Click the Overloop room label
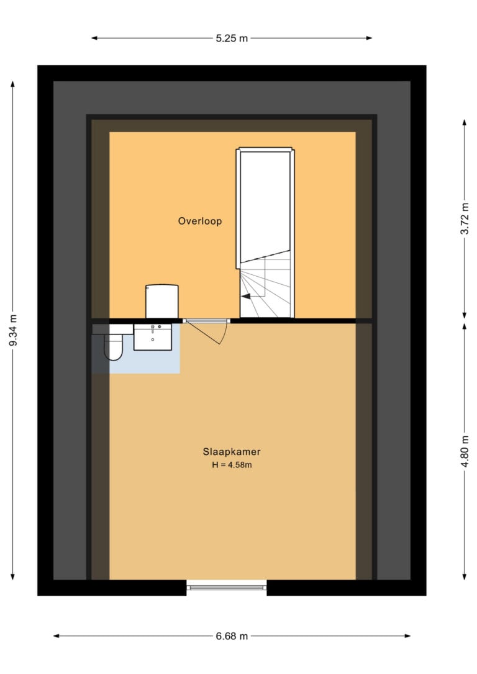pyautogui.click(x=200, y=221)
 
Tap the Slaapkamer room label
pyautogui.click(x=232, y=452)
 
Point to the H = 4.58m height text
pyautogui.click(x=232, y=465)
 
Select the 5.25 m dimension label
pyautogui.click(x=232, y=38)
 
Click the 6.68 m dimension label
pyautogui.click(x=232, y=636)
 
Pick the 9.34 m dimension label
pyautogui.click(x=13, y=330)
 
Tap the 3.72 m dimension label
pyautogui.click(x=465, y=218)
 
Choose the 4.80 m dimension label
pyautogui.click(x=465, y=451)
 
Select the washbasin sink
pyautogui.click(x=153, y=337)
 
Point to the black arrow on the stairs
pyautogui.click(x=246, y=296)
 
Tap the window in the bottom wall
pyautogui.click(x=227, y=587)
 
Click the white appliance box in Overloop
pyautogui.click(x=162, y=301)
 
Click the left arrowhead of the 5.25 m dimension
pyautogui.click(x=94, y=38)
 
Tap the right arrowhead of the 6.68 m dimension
pyautogui.click(x=407, y=636)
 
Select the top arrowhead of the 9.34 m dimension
pyautogui.click(x=13, y=84)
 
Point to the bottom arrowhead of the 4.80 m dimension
pyautogui.click(x=465, y=576)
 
